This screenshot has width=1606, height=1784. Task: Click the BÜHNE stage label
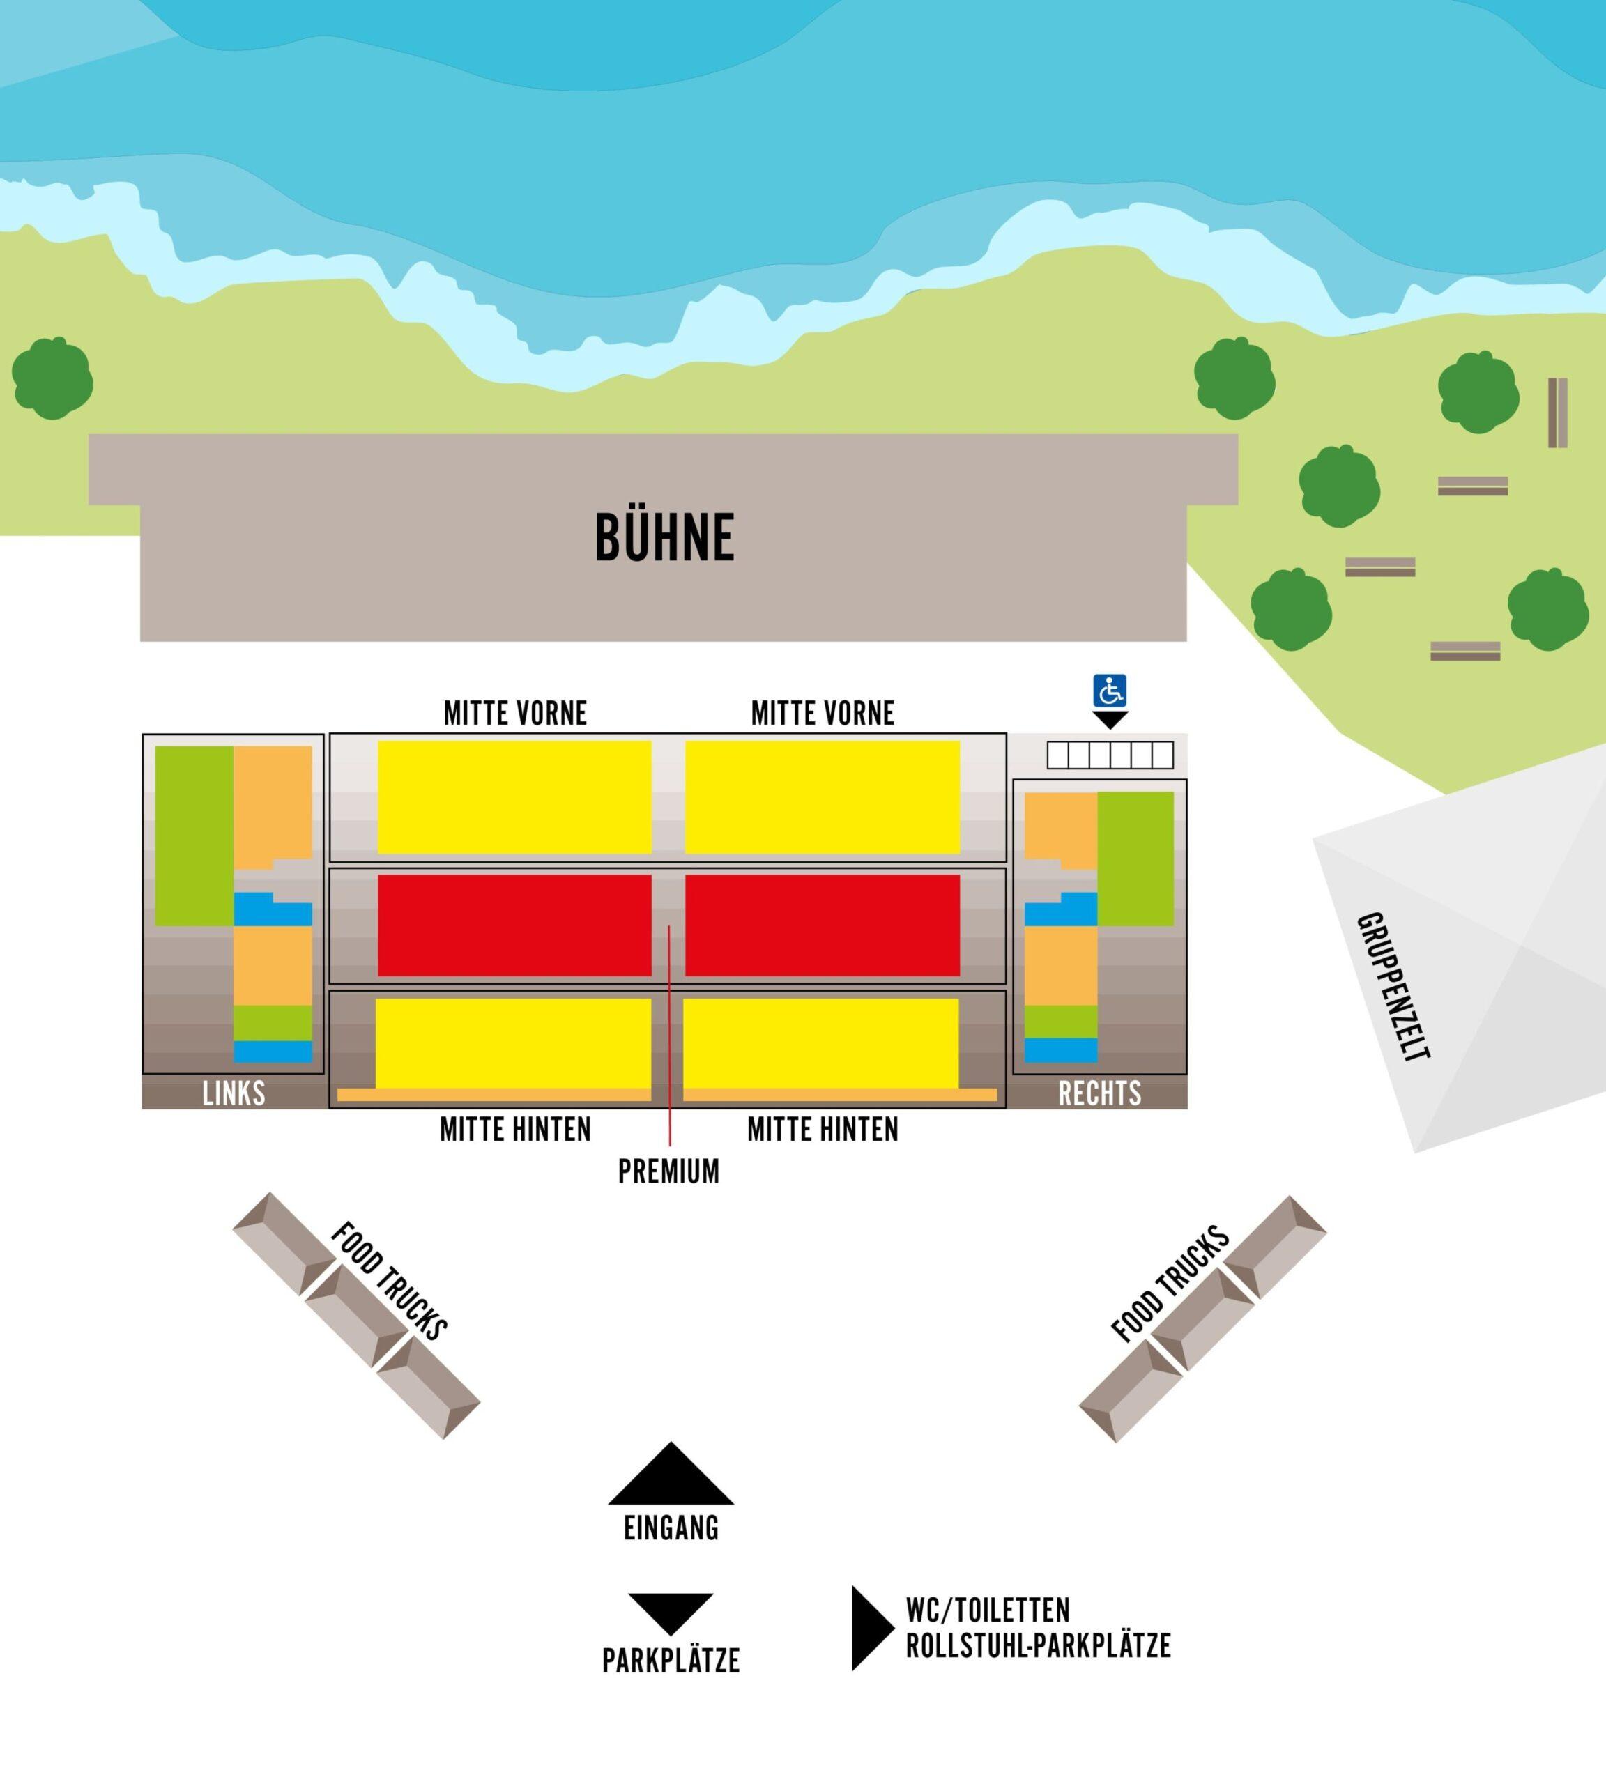(664, 537)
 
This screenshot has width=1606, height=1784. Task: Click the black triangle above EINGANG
(671, 1475)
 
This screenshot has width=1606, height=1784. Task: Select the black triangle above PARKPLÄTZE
(671, 1611)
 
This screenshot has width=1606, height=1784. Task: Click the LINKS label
(234, 1094)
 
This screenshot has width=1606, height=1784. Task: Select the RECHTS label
(1099, 1094)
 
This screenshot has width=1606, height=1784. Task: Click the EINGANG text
(671, 1528)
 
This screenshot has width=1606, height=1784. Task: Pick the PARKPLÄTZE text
(671, 1661)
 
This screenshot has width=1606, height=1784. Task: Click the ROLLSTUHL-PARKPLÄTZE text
(1038, 1646)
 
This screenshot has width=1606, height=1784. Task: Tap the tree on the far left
(52, 378)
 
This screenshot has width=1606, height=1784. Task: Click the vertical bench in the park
(1557, 413)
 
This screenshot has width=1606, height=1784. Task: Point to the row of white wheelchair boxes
(1110, 755)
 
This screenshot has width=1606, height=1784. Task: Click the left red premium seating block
(514, 925)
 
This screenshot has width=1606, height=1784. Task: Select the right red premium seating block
(823, 925)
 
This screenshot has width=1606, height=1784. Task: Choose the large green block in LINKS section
(194, 836)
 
